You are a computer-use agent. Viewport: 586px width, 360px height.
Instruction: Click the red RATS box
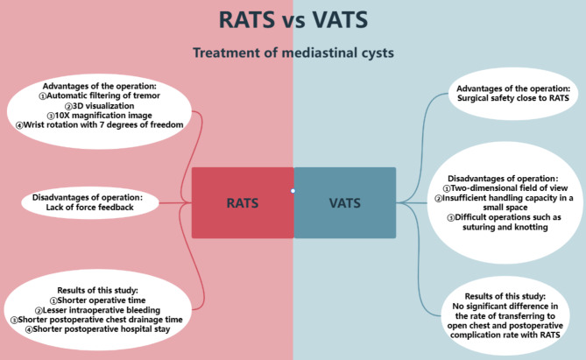tap(242, 202)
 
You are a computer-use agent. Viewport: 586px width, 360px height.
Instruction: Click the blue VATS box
tap(344, 202)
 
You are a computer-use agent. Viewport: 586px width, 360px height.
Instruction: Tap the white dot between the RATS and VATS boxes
tap(293, 190)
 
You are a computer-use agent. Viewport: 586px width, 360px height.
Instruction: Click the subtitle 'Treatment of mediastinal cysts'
tap(293, 53)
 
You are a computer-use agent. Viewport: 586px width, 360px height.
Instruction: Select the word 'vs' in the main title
tap(293, 19)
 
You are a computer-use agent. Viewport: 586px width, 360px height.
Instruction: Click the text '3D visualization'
tap(109, 107)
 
